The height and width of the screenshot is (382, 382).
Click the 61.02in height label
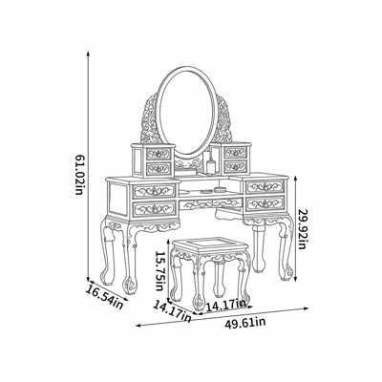click(78, 175)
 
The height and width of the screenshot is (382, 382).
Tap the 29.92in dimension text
click(302, 228)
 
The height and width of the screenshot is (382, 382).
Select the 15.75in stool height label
click(159, 270)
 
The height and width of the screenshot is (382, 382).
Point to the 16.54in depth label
click(105, 297)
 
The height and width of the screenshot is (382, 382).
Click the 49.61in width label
click(245, 323)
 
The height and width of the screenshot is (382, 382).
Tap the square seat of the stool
click(209, 245)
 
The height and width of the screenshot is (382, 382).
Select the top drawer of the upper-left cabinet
click(159, 155)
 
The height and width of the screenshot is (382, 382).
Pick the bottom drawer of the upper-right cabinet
click(235, 166)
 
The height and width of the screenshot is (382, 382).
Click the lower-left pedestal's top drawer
click(155, 191)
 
